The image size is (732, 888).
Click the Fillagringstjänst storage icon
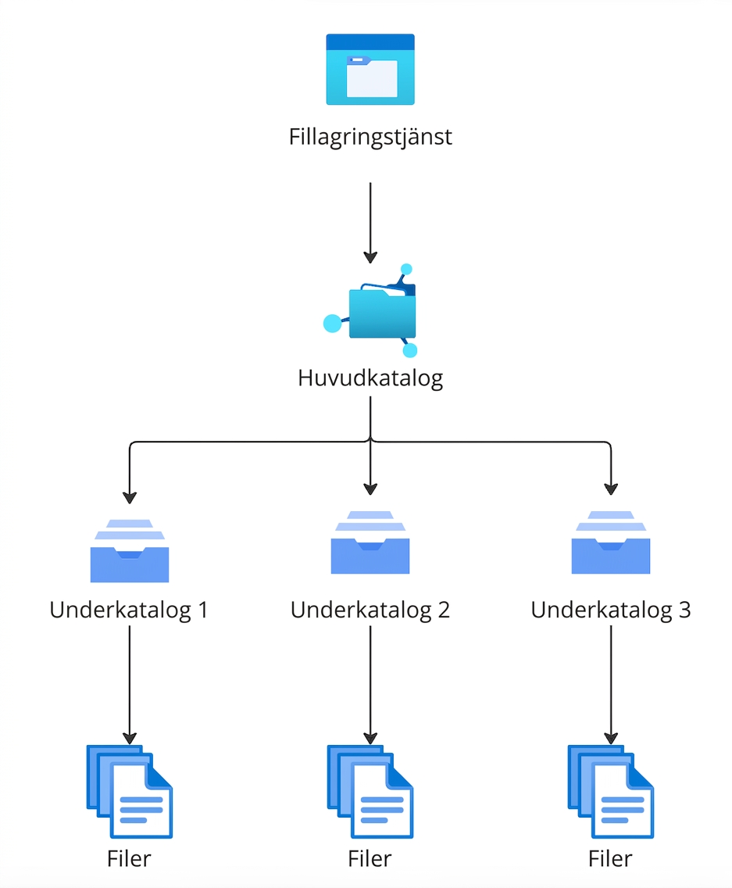pos(370,69)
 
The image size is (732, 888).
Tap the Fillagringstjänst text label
pos(370,137)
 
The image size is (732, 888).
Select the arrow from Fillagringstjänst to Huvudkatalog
pos(370,223)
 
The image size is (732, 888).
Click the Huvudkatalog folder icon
pos(371,310)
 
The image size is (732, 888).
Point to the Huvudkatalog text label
pos(370,378)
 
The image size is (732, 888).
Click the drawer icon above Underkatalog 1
pos(130,550)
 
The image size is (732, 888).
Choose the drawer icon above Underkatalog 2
pos(370,542)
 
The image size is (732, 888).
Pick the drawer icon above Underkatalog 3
pos(611,542)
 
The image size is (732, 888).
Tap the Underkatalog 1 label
pos(129,610)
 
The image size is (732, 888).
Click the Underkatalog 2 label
pos(370,610)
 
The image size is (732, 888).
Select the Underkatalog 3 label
pos(611,610)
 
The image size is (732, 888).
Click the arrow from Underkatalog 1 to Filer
pos(130,686)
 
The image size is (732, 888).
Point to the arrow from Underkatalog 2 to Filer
pos(370,686)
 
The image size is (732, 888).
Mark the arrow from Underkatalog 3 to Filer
pos(611,686)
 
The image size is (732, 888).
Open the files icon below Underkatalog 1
pos(130,792)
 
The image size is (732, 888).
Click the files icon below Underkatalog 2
pos(370,792)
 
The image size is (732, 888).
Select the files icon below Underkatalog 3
pos(611,792)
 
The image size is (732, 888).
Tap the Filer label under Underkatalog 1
pos(129,859)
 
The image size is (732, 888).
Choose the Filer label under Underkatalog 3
pos(610,859)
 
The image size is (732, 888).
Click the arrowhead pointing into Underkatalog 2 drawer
pos(370,489)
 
